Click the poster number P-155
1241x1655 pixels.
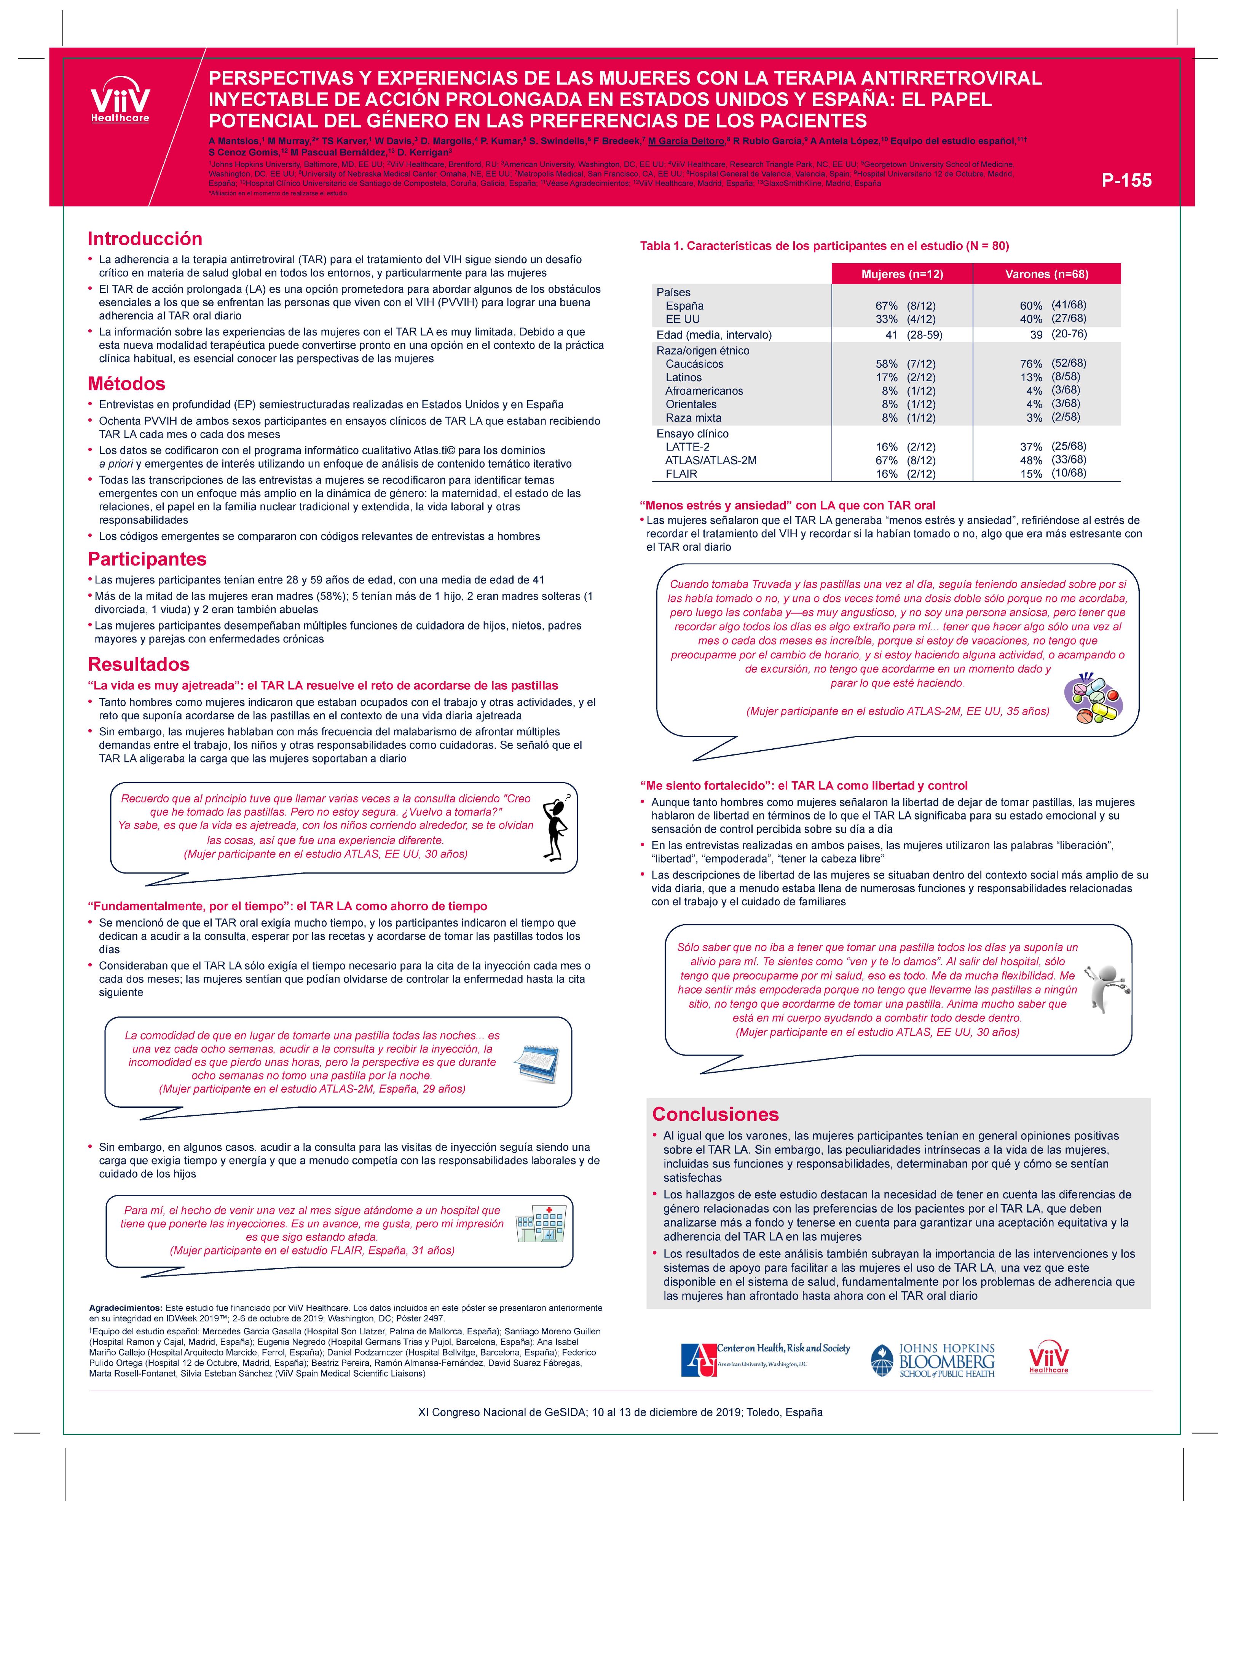[x=1126, y=181]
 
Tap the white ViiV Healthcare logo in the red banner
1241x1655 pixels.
[x=120, y=101]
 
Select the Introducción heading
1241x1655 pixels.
[x=145, y=239]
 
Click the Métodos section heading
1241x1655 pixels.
[x=126, y=384]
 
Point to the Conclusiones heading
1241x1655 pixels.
[x=715, y=1114]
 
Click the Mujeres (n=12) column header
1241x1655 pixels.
[x=902, y=274]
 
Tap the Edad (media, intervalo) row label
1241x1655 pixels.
[x=714, y=334]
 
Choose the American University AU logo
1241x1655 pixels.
[x=765, y=1359]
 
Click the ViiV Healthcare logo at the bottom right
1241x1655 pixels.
[x=1049, y=1358]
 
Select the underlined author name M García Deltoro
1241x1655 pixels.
[x=686, y=141]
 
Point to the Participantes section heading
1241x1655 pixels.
[x=147, y=559]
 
